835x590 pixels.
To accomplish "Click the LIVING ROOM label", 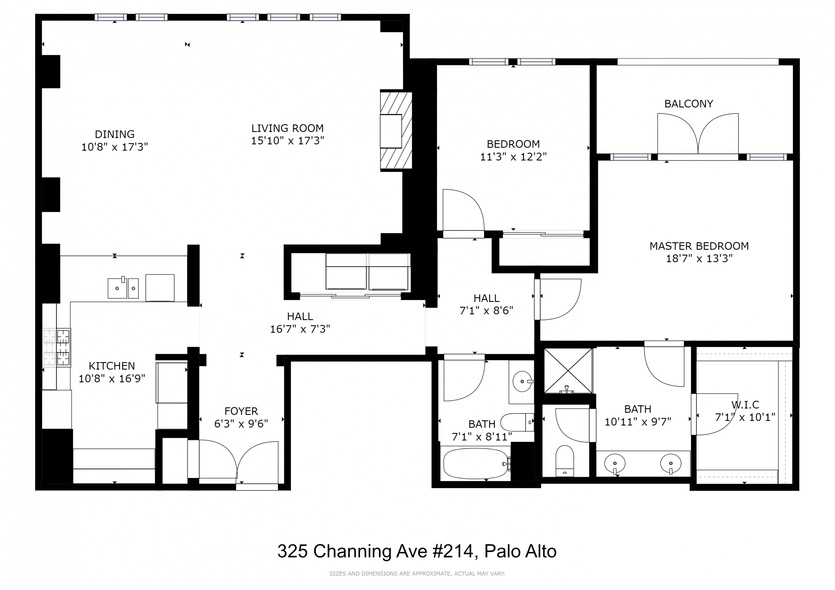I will coord(287,128).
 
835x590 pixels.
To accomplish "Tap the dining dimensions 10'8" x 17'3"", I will coord(114,147).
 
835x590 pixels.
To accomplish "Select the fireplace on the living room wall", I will coord(396,130).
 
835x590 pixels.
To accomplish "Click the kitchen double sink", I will coord(123,288).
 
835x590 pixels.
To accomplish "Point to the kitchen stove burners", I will coord(57,347).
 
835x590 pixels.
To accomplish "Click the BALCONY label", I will coord(689,104).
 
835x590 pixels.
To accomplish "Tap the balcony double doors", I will coord(698,135).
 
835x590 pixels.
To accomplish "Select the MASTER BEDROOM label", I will coord(699,246).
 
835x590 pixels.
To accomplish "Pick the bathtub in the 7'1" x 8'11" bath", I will coord(475,464).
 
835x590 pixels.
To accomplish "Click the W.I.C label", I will coord(745,405).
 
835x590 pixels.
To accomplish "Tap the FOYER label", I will coord(241,411).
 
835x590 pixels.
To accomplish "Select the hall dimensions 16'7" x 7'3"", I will coord(300,329).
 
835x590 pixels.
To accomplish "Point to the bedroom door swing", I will coord(463,211).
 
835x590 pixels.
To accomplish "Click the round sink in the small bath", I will coord(522,381).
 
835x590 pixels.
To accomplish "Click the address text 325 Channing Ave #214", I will coord(377,551).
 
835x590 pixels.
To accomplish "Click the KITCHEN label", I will coord(112,366).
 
